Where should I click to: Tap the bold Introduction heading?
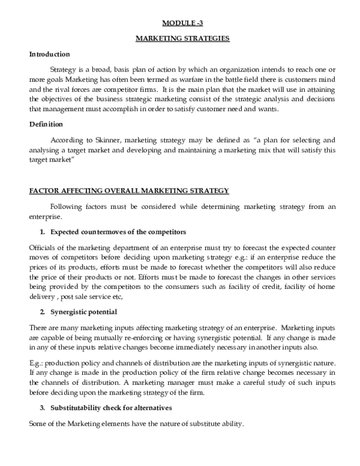(x=50, y=54)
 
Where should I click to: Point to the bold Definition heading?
(x=46, y=124)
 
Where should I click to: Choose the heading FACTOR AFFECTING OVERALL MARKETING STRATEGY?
(x=129, y=191)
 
